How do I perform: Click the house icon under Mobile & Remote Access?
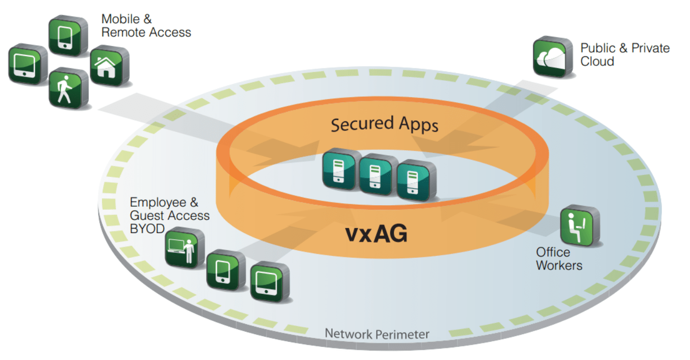coord(109,66)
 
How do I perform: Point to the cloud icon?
coord(552,57)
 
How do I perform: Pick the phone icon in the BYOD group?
coord(225,271)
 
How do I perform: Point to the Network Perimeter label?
coord(377,334)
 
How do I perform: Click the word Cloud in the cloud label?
coord(597,62)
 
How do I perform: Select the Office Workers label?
coord(559,259)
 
